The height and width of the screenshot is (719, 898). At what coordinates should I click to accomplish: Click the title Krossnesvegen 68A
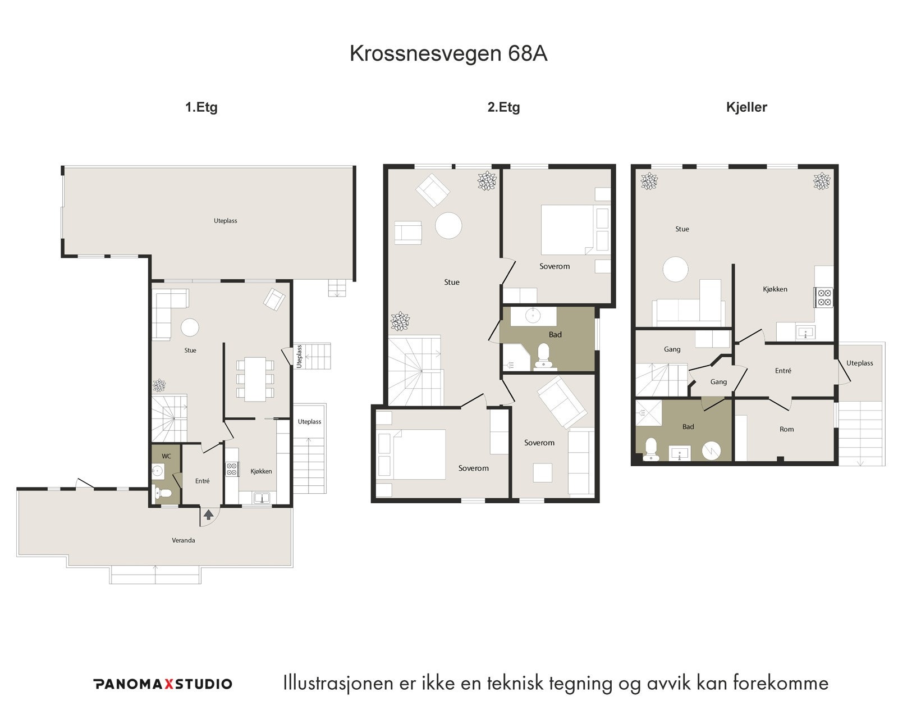click(x=448, y=53)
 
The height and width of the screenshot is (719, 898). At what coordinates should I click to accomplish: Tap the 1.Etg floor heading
click(x=201, y=107)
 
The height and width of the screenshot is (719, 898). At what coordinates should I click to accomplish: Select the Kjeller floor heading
click(x=746, y=107)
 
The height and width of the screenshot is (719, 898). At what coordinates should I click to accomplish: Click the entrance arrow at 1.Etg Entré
click(x=208, y=513)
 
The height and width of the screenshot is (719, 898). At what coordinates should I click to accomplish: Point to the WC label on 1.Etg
click(x=166, y=456)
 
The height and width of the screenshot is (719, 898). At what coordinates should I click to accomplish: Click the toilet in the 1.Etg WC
click(x=163, y=494)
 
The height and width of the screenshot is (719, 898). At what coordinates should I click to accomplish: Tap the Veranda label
click(x=184, y=540)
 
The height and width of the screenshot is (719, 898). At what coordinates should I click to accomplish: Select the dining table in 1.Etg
click(x=255, y=379)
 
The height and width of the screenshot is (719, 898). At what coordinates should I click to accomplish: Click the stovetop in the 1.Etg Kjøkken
click(x=231, y=469)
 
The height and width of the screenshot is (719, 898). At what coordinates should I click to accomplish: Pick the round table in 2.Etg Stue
click(x=448, y=225)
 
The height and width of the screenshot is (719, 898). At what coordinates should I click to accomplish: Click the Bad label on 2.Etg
click(x=555, y=335)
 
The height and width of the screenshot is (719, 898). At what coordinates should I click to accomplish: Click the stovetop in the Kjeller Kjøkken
click(x=823, y=297)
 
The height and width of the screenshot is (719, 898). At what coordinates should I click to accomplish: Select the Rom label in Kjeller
click(x=786, y=429)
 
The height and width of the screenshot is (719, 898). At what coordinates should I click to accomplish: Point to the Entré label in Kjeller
click(x=783, y=371)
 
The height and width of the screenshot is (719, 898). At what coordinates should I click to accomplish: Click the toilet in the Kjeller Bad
click(x=651, y=449)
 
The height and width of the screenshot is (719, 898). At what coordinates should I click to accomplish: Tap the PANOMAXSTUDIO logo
click(x=163, y=684)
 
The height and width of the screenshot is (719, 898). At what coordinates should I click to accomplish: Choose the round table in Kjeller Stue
click(x=675, y=269)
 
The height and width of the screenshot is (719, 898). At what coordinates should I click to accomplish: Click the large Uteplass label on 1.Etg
click(x=225, y=221)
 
